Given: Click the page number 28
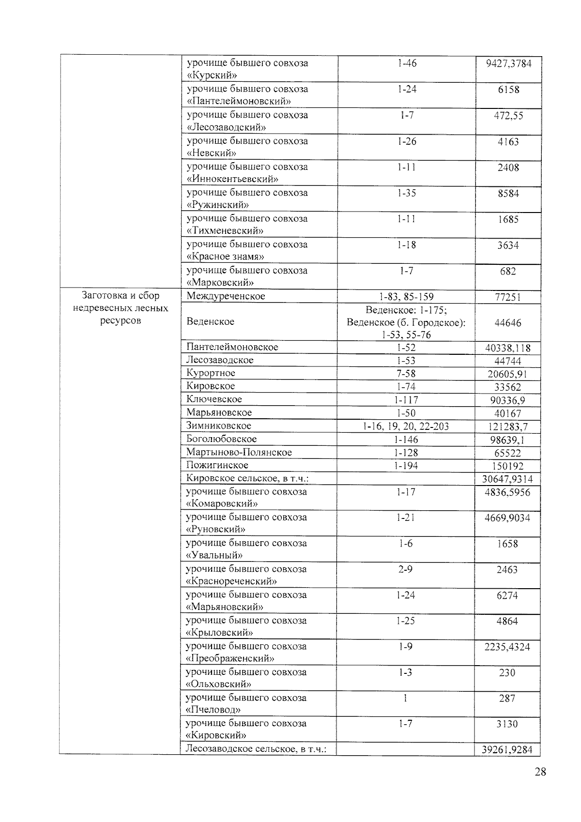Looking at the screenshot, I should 540,772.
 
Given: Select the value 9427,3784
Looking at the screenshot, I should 508,63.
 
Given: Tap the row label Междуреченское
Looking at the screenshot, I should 226,296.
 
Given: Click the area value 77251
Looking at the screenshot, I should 507,297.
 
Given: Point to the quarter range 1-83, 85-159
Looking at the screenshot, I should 406,296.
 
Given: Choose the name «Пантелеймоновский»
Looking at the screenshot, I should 239,101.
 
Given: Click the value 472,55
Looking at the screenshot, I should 508,116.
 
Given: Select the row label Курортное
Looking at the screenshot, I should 211,373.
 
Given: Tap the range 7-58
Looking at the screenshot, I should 406,373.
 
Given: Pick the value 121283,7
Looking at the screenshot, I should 507,426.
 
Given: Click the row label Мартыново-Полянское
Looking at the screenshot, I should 239,452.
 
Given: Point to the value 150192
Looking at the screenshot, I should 507,466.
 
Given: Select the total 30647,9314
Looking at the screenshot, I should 507,479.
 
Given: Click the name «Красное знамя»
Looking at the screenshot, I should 225,257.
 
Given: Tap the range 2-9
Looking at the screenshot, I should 405,569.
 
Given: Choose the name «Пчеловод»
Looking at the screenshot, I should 214,710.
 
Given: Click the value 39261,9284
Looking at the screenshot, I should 507,749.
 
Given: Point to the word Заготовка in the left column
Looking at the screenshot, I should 100,296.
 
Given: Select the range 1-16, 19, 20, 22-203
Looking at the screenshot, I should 406,426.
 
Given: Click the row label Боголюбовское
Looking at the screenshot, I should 221,439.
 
